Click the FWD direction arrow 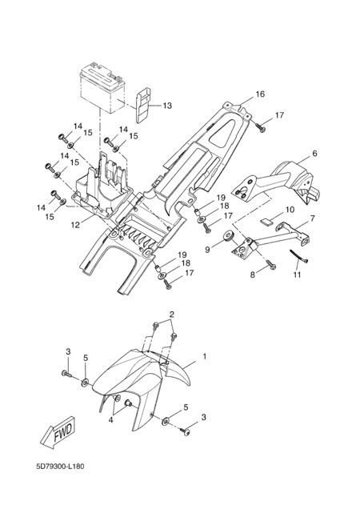point(58,433)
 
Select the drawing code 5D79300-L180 point(60,467)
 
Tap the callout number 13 point(167,106)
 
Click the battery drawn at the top point(102,88)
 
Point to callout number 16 point(260,94)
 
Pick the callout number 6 point(314,153)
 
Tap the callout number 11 point(298,275)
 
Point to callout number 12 point(75,225)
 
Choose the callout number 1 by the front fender point(205,356)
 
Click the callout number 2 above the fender point(172,315)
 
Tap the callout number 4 point(110,419)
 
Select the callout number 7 point(312,218)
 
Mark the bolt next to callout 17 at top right point(260,127)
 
